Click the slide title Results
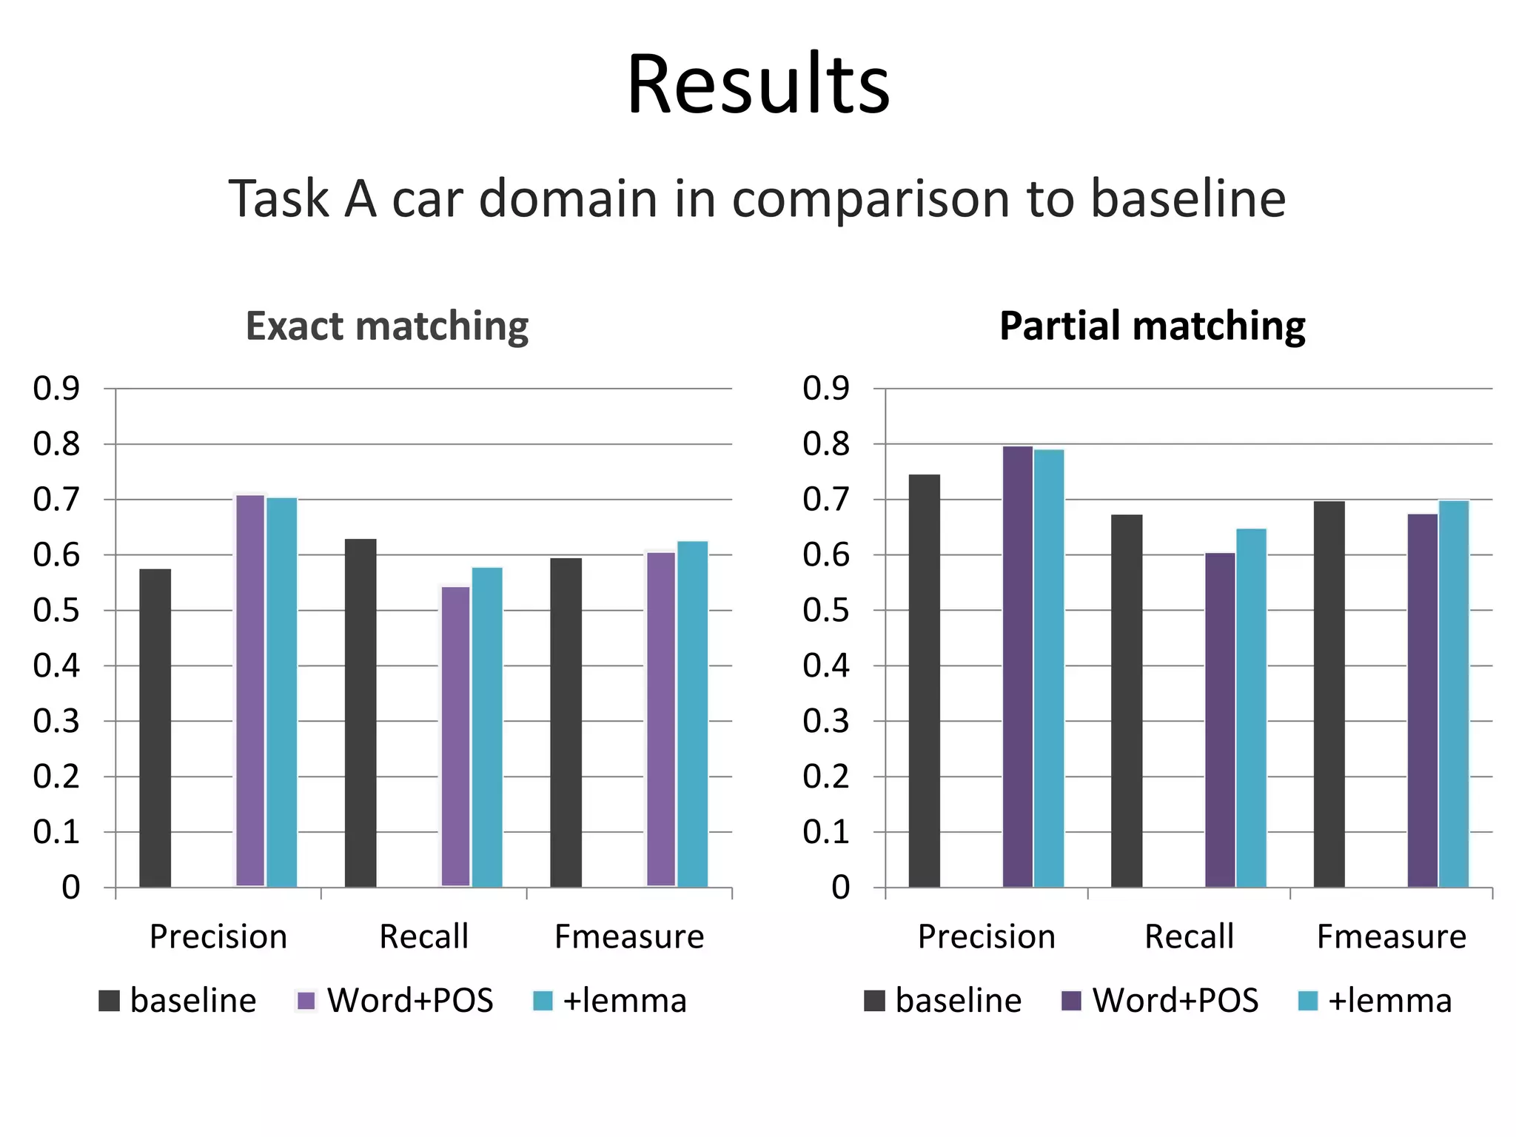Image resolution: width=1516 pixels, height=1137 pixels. (x=758, y=84)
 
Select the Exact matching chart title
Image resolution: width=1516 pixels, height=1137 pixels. (x=387, y=326)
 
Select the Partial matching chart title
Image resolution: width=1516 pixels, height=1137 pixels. (x=1152, y=326)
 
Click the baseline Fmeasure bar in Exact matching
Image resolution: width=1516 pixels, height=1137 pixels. (x=566, y=722)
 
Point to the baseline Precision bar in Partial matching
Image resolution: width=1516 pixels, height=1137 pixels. (x=924, y=680)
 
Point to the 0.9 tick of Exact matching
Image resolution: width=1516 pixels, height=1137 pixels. (x=56, y=389)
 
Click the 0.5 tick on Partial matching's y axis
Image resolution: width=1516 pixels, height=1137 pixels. (x=826, y=611)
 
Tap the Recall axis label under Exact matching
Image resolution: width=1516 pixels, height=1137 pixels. (x=423, y=937)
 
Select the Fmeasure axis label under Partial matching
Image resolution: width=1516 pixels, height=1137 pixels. (x=1391, y=937)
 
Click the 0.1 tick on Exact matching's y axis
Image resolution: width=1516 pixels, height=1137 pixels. (x=56, y=832)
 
